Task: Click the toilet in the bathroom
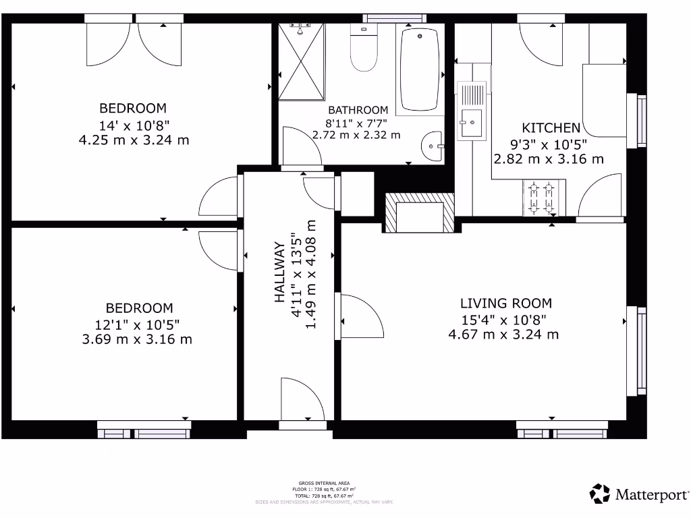point(364,50)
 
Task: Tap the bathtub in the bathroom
point(420,69)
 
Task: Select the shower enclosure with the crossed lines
point(301,61)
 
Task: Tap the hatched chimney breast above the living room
point(419,212)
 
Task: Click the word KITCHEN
point(551,127)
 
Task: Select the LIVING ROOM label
point(505,304)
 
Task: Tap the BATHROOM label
point(358,110)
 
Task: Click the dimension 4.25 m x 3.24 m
point(133,140)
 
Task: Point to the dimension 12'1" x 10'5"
point(137,324)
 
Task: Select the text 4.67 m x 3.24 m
point(503,334)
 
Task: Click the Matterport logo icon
point(600,494)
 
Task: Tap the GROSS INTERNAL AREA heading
point(324,483)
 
